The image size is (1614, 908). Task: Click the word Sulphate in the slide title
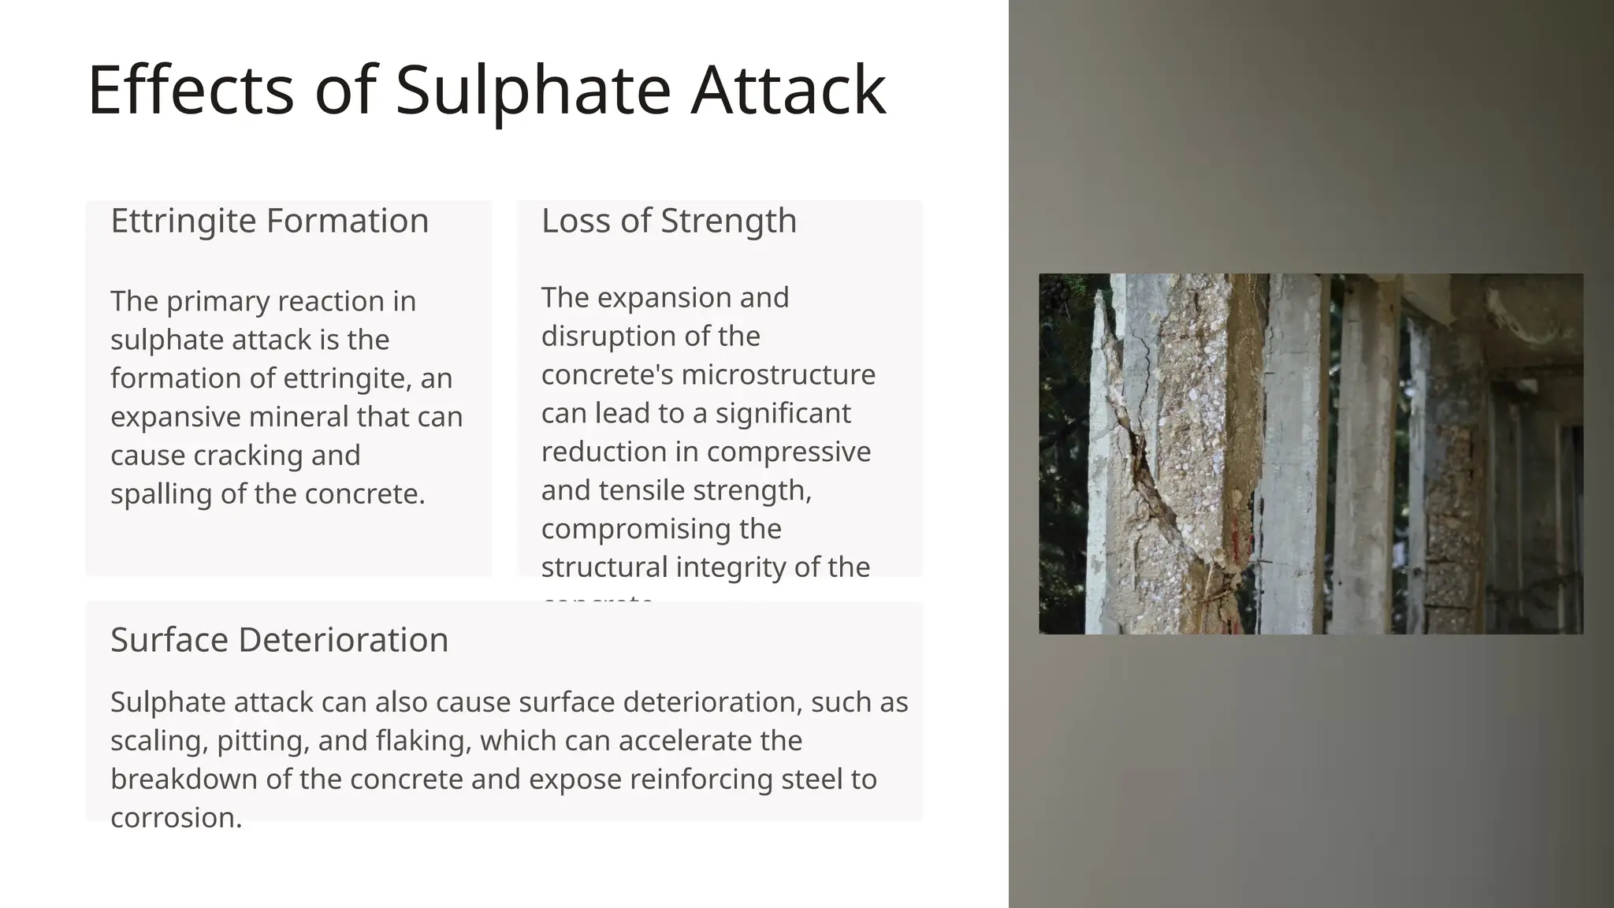click(x=533, y=91)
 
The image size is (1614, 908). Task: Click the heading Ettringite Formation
click(x=270, y=221)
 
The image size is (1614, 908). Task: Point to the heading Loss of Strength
click(x=669, y=221)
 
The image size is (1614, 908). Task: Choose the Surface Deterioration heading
click(x=279, y=640)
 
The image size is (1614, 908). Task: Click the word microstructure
click(x=778, y=374)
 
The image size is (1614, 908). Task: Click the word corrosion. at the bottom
click(x=176, y=818)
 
